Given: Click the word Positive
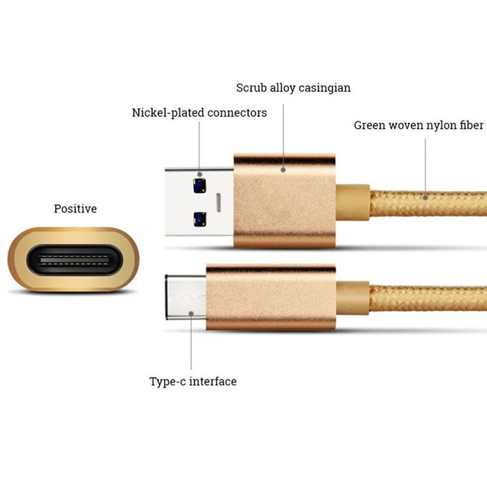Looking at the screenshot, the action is coord(75,209).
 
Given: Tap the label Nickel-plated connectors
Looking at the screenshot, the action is coord(199,113).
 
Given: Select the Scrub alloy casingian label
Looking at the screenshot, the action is coord(293,88).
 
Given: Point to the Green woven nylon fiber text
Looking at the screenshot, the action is coord(418,125).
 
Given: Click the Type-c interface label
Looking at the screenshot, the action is coord(193,382).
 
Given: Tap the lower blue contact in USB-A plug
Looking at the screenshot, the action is coord(198,217).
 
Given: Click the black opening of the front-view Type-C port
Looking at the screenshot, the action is coord(73,260).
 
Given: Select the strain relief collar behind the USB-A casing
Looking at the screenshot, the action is coord(353,201).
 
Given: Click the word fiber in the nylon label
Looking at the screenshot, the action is coord(471,125).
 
